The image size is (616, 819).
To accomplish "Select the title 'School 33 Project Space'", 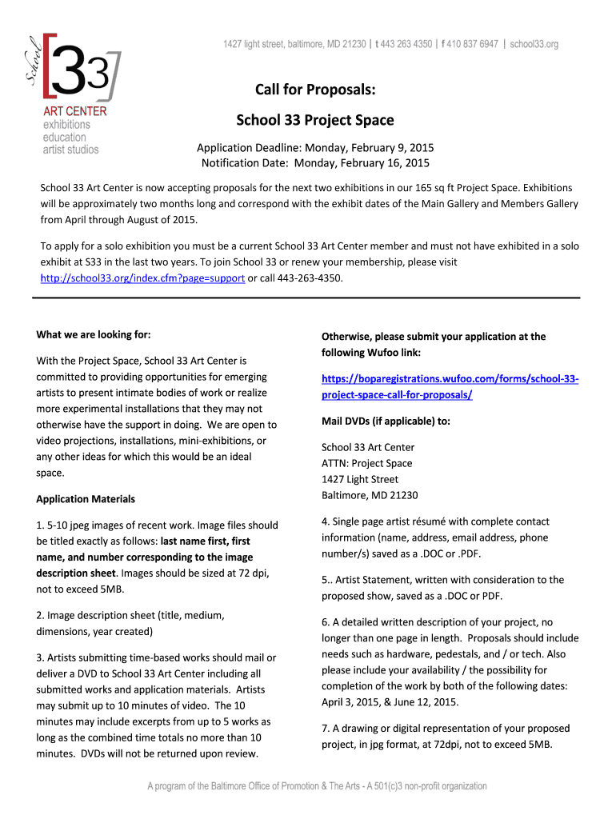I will coord(314,120).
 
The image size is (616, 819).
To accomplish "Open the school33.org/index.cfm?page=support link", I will coord(142,278).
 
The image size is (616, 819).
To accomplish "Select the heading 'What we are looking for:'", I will coord(94,334).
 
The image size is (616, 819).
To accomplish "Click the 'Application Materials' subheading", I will coord(86,499).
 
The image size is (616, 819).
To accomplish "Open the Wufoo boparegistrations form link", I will coord(450,386).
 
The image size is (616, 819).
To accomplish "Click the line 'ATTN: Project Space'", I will coord(366,463).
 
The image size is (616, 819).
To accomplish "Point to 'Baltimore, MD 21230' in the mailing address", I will coord(369,495).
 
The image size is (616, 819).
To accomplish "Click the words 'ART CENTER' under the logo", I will coord(74,111).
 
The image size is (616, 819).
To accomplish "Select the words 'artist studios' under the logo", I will coord(71,150).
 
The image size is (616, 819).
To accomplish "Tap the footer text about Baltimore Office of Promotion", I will coord(317,786).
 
